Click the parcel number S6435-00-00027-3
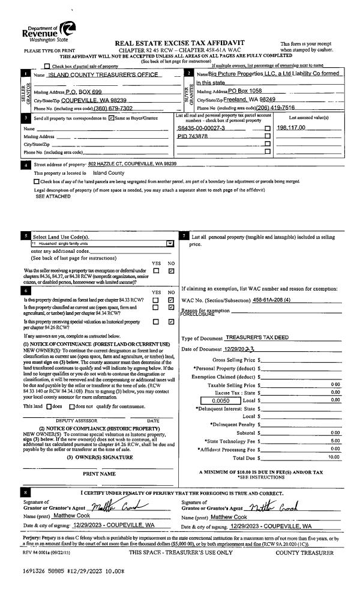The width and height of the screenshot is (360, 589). point(201,128)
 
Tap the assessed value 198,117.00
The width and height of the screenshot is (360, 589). point(292,128)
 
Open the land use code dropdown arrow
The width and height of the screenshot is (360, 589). point(170,244)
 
